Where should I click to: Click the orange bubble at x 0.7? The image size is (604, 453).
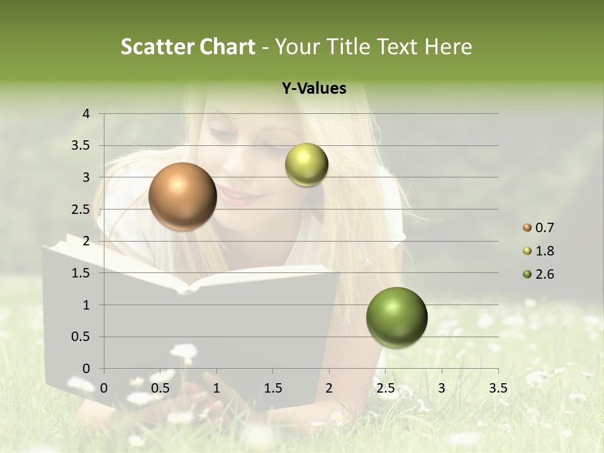182,196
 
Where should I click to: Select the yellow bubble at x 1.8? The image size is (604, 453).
306,164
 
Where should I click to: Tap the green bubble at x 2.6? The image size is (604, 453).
396,317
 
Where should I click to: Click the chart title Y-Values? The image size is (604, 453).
313,89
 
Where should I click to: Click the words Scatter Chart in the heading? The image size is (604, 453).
187,47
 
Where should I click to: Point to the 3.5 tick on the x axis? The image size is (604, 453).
498,388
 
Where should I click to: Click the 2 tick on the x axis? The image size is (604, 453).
329,388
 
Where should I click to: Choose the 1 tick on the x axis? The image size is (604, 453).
216,388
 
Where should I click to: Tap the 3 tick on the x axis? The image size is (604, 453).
442,388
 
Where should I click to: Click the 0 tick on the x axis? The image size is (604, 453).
104,388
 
